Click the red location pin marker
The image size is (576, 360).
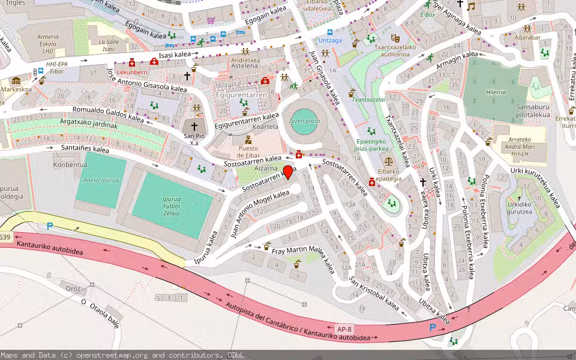click(288, 172)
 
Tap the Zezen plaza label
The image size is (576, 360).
click(304, 121)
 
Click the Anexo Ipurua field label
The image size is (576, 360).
click(101, 180)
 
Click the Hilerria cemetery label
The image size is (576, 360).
click(495, 92)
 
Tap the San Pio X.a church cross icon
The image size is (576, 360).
click(194, 127)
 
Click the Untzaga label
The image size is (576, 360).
click(329, 40)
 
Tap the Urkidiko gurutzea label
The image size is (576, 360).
click(519, 208)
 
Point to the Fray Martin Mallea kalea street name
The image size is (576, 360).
click(303, 257)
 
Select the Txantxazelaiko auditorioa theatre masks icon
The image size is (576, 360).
click(394, 38)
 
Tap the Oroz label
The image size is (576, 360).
click(73, 289)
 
